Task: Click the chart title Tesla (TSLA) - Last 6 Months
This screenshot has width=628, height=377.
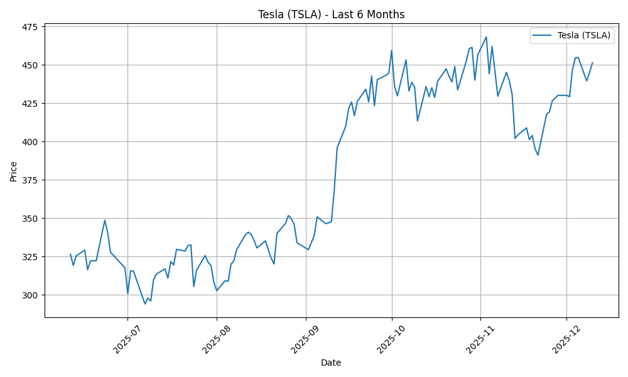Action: pyautogui.click(x=331, y=14)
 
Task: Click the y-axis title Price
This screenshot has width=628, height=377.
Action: pyautogui.click(x=14, y=171)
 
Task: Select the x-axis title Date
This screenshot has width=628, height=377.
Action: pyautogui.click(x=331, y=363)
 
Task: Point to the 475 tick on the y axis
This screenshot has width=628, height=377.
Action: pyautogui.click(x=29, y=27)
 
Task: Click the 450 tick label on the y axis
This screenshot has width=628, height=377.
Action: pyautogui.click(x=29, y=65)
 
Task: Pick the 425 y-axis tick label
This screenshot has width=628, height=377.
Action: pyautogui.click(x=29, y=104)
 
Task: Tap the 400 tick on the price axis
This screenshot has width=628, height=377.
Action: pyautogui.click(x=29, y=142)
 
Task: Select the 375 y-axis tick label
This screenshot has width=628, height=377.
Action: pyautogui.click(x=29, y=180)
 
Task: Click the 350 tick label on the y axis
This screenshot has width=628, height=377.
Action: pyautogui.click(x=29, y=219)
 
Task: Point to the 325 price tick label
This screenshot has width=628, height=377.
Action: pyautogui.click(x=29, y=257)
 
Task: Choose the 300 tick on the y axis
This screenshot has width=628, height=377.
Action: pyautogui.click(x=29, y=295)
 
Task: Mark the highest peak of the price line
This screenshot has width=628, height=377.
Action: pyautogui.click(x=486, y=36)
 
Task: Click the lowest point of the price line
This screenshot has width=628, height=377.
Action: pyautogui.click(x=144, y=304)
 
